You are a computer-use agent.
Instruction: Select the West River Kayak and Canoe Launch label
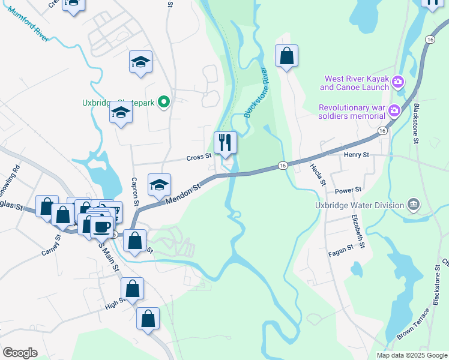point(354,83)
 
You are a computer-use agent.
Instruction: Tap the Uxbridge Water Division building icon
point(414,205)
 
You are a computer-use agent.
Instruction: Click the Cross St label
point(199,157)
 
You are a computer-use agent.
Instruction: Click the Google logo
point(20,353)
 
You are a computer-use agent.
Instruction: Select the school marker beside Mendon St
point(159,185)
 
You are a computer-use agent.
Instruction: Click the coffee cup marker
point(101,227)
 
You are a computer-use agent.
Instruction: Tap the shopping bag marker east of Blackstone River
point(287,56)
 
